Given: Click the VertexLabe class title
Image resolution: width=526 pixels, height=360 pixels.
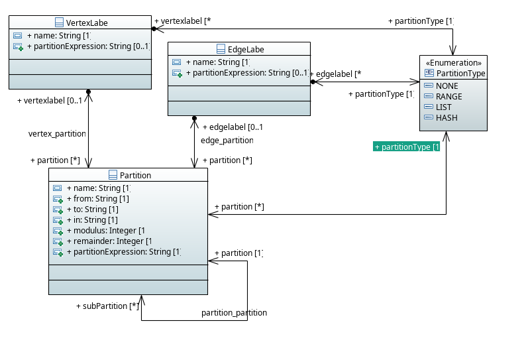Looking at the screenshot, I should coord(87,23).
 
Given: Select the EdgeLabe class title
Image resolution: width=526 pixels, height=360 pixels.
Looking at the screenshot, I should coord(246,49).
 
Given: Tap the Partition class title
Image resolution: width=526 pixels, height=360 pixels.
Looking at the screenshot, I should coord(134,175).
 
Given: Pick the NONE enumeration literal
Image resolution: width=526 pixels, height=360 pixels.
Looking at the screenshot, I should coord(447,86).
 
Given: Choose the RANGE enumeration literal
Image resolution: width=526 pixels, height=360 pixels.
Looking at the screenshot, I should coord(448,97).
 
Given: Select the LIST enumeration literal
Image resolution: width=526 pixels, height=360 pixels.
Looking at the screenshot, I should coord(443,107).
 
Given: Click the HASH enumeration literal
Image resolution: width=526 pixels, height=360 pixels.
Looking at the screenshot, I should coord(446,118).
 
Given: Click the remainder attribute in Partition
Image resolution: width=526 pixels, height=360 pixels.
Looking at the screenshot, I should coord(112,241).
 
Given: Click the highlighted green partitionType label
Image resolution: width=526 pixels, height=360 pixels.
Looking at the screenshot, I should coord(407,147).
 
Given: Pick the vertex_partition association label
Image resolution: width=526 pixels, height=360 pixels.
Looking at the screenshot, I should coord(58,134).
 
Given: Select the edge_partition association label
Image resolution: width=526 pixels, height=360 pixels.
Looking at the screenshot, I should coord(227,141).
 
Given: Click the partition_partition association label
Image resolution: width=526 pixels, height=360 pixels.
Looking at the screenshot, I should coord(234,312).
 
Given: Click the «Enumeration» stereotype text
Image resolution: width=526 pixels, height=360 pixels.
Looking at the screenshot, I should coord(454,62).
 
